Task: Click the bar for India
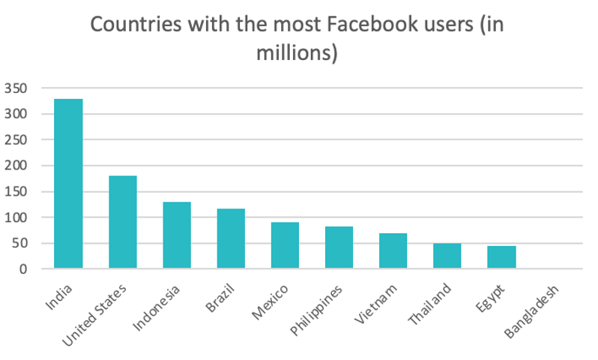click(x=68, y=183)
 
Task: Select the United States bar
click(x=122, y=222)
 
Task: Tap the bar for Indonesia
click(x=177, y=235)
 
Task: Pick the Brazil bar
click(x=231, y=238)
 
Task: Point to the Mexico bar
click(x=285, y=245)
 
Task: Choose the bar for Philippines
click(x=339, y=247)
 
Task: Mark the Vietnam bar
click(x=393, y=250)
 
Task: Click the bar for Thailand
click(x=447, y=256)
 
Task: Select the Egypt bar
click(x=501, y=257)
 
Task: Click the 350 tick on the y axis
click(x=16, y=88)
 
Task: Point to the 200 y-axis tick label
click(x=16, y=166)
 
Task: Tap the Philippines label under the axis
click(x=318, y=310)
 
